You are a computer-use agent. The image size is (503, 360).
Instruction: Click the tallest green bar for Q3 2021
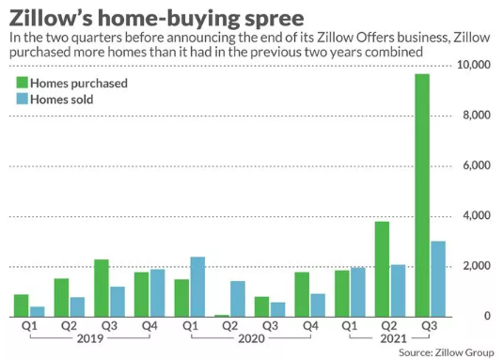(422, 196)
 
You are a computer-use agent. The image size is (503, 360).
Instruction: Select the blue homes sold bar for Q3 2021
(438, 279)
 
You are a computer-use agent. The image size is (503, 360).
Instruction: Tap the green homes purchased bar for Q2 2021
(382, 269)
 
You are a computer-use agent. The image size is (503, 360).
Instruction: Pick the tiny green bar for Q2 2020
(222, 316)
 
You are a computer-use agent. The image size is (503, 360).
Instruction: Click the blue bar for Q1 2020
(197, 287)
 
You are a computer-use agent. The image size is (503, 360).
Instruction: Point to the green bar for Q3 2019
(102, 288)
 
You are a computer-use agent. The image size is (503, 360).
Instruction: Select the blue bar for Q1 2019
(38, 312)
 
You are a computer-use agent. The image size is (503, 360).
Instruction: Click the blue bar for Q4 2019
(158, 293)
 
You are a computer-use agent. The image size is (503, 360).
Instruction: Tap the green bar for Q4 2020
(302, 294)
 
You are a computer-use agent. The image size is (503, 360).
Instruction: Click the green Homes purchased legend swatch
(23, 83)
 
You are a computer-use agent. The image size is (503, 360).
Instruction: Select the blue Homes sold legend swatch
(23, 99)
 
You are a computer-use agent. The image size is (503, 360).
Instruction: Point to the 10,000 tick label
(474, 65)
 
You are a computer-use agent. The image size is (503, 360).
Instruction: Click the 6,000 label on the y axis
(477, 165)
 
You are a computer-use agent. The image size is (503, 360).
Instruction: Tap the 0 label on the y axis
(487, 316)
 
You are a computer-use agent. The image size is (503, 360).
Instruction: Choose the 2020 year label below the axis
(251, 338)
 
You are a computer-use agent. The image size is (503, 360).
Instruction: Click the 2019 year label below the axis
(90, 338)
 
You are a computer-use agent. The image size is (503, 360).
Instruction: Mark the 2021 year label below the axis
(393, 338)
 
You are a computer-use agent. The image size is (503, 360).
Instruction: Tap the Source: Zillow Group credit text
(447, 352)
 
